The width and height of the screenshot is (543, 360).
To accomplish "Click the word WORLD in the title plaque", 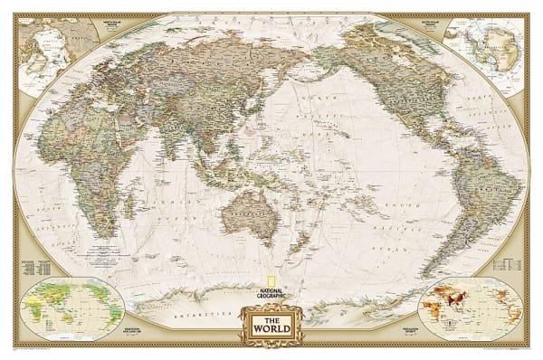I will pyautogui.click(x=271, y=328).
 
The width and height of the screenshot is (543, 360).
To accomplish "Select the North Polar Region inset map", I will pyautogui.click(x=58, y=45).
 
